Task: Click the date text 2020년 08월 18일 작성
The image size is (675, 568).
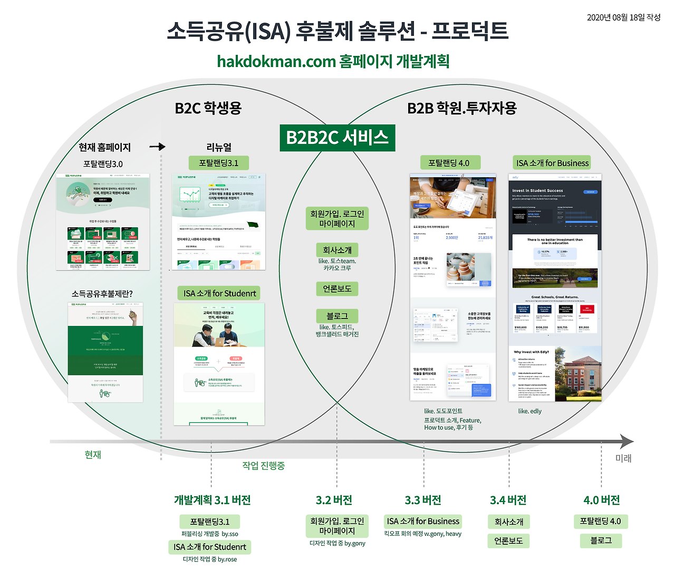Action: (x=623, y=17)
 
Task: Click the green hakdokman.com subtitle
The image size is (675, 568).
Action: (x=333, y=61)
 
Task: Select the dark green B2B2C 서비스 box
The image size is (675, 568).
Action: (x=337, y=138)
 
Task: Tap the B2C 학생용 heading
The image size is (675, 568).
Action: (x=208, y=108)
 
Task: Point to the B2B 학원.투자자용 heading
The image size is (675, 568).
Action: (x=462, y=108)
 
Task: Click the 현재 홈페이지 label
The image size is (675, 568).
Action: (x=104, y=147)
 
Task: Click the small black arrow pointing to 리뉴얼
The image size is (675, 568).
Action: (x=158, y=147)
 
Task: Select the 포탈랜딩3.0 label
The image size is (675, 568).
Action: (x=103, y=164)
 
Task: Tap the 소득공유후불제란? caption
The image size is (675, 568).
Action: (x=102, y=294)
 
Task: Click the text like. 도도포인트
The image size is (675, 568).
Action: (x=443, y=411)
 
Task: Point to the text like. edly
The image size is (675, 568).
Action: (x=529, y=411)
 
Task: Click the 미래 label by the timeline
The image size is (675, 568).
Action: (x=623, y=458)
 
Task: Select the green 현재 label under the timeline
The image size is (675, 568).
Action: (x=93, y=455)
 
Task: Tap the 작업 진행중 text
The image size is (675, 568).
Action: (x=263, y=466)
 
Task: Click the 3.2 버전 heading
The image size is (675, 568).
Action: (x=334, y=500)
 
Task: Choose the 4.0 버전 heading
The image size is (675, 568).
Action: (x=601, y=500)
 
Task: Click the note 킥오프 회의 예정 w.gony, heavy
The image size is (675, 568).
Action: (x=423, y=534)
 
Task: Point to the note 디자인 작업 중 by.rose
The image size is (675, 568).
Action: (x=210, y=559)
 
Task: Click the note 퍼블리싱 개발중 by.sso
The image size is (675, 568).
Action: (x=210, y=534)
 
